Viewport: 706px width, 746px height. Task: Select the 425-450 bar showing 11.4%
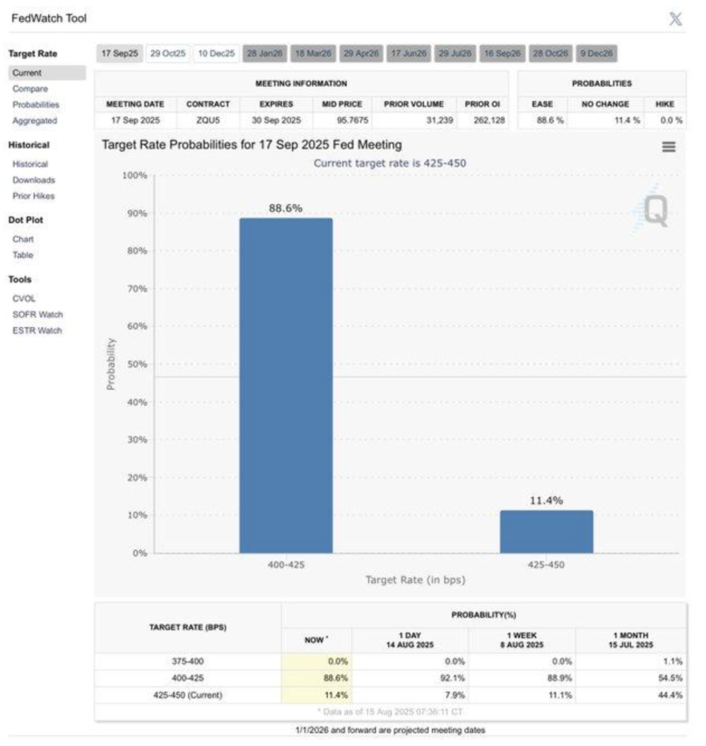pos(546,532)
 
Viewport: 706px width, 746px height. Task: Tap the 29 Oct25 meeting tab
pos(168,53)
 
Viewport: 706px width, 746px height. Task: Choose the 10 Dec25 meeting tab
pos(216,53)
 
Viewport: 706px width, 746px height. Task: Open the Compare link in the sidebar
pos(30,89)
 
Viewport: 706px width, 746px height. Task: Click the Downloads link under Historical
pos(34,180)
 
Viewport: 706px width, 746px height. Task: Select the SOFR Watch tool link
pos(37,315)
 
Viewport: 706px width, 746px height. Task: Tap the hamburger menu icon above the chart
pos(668,146)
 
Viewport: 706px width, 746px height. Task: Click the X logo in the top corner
pos(675,19)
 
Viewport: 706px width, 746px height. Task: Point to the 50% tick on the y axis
pos(136,364)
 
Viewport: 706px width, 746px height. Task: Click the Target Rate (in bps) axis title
pos(415,580)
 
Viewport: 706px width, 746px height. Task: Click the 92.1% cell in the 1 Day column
pos(453,678)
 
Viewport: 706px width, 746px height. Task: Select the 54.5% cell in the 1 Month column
pos(671,678)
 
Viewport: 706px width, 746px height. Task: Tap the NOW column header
pos(315,640)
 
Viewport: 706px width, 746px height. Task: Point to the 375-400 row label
pos(188,661)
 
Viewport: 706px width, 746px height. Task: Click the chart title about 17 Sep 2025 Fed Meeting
pos(251,145)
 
